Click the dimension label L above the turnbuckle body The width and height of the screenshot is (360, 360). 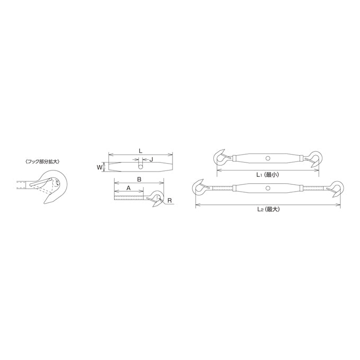click(x=140, y=151)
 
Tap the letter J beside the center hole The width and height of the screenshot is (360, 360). click(x=151, y=159)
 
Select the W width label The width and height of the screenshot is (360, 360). click(x=99, y=167)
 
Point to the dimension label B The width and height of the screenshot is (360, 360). click(x=139, y=179)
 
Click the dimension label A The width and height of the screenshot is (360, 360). click(x=129, y=188)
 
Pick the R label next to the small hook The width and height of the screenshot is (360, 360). click(x=169, y=201)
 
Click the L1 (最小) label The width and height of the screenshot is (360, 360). click(x=268, y=175)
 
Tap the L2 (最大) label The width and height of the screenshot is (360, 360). click(x=268, y=209)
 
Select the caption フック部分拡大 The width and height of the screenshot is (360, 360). click(x=42, y=161)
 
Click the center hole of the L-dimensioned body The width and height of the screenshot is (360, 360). click(x=140, y=167)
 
